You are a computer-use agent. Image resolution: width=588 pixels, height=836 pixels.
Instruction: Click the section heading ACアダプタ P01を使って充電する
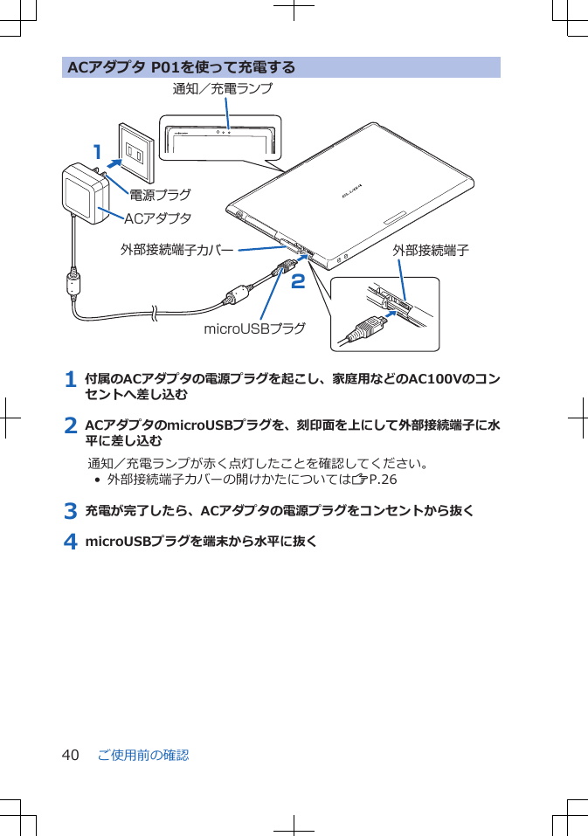pyautogui.click(x=182, y=67)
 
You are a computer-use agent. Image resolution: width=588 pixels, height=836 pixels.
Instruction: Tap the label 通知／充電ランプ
pyautogui.click(x=222, y=89)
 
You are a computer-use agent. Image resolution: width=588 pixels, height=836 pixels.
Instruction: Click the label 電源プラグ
pyautogui.click(x=160, y=195)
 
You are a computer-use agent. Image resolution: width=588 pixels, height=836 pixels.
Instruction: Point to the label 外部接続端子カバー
pyautogui.click(x=176, y=251)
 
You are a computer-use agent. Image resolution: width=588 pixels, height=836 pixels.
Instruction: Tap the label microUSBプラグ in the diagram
pyautogui.click(x=254, y=328)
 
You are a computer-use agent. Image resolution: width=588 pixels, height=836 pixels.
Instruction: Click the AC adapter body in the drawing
pyautogui.click(x=86, y=193)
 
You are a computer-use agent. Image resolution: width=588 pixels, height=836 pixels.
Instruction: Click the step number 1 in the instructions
pyautogui.click(x=70, y=379)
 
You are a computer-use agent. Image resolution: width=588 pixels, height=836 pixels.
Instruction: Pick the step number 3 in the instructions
pyautogui.click(x=70, y=510)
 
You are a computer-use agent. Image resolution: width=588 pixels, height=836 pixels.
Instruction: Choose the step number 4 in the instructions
pyautogui.click(x=70, y=542)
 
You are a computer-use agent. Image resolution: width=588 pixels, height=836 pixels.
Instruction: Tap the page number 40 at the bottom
pyautogui.click(x=70, y=755)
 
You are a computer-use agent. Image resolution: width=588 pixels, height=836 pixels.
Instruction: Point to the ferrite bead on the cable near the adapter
pyautogui.click(x=73, y=284)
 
